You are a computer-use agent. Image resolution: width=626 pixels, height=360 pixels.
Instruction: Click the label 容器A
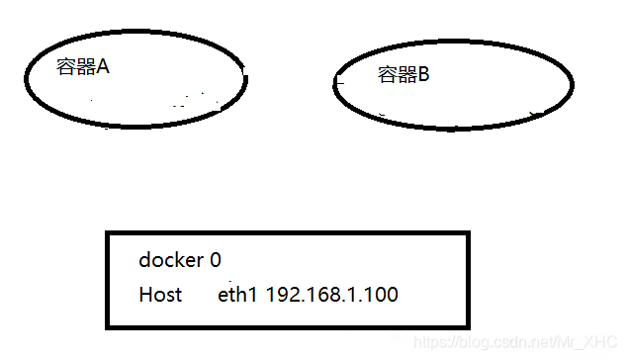(82, 68)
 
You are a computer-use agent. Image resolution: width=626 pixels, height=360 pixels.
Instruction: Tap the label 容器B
(403, 74)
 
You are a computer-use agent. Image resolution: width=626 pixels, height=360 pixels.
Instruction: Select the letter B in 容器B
(423, 74)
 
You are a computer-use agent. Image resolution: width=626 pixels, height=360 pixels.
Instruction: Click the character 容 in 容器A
(65, 68)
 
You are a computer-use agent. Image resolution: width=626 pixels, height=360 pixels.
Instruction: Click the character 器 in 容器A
(84, 68)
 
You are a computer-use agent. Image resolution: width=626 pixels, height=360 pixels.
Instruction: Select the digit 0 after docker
(216, 260)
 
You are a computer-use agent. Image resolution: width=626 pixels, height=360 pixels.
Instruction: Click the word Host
(160, 295)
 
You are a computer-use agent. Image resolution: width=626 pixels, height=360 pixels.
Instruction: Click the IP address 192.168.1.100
(332, 295)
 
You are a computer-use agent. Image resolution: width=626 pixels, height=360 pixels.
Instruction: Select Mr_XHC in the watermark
(589, 341)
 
